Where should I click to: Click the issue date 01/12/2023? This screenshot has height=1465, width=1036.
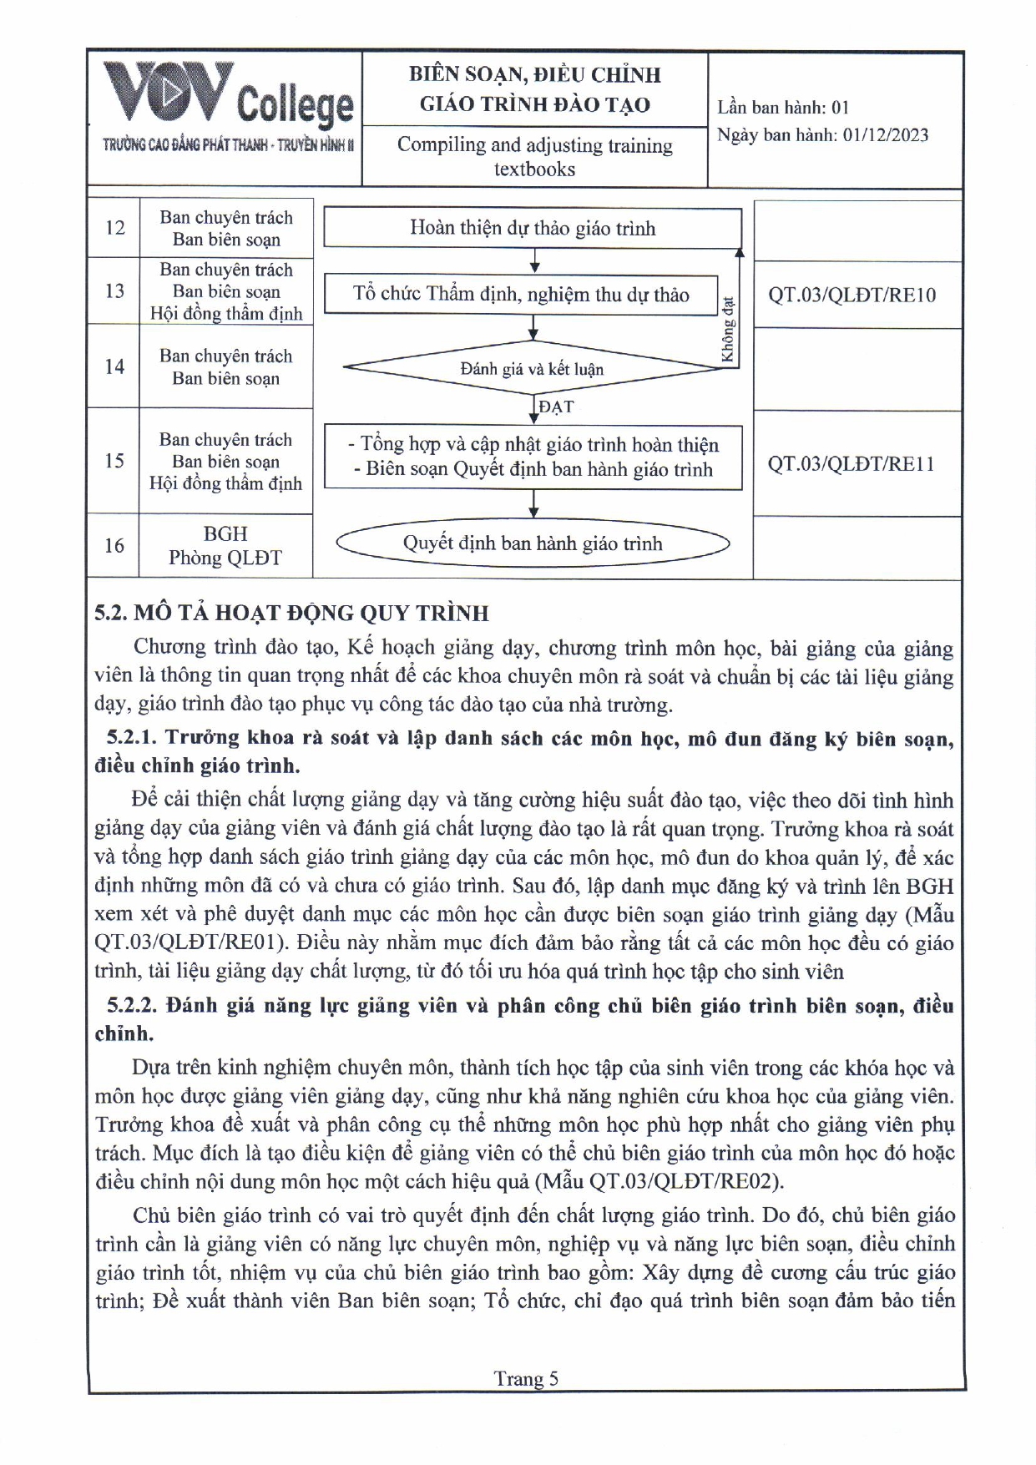[885, 135]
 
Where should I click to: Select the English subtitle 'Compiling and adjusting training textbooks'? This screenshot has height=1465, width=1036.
[534, 157]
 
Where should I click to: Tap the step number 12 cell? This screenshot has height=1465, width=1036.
[114, 228]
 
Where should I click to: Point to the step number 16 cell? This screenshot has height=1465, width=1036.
[114, 546]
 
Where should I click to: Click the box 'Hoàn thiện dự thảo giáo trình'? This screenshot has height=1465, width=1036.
[533, 229]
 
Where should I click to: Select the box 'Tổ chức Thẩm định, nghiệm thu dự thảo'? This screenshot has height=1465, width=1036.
[521, 295]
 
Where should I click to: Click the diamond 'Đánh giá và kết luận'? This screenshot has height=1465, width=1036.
[532, 369]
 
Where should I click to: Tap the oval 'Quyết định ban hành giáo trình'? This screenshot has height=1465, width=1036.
[533, 544]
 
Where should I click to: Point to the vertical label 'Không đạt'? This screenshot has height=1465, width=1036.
[728, 331]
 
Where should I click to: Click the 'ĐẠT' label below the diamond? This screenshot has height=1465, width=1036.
[556, 407]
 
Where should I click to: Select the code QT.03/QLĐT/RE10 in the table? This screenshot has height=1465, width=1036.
[852, 295]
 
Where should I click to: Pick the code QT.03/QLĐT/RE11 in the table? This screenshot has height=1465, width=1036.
[852, 464]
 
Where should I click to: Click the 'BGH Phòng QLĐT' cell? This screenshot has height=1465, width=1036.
[225, 546]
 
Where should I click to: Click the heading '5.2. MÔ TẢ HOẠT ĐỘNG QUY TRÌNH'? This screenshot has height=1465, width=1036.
[291, 614]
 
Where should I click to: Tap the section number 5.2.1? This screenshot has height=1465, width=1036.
[132, 738]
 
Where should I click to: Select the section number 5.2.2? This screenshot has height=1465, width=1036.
[132, 1006]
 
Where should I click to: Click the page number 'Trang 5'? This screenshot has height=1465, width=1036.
[526, 1378]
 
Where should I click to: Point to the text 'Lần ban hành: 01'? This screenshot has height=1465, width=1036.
[782, 107]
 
